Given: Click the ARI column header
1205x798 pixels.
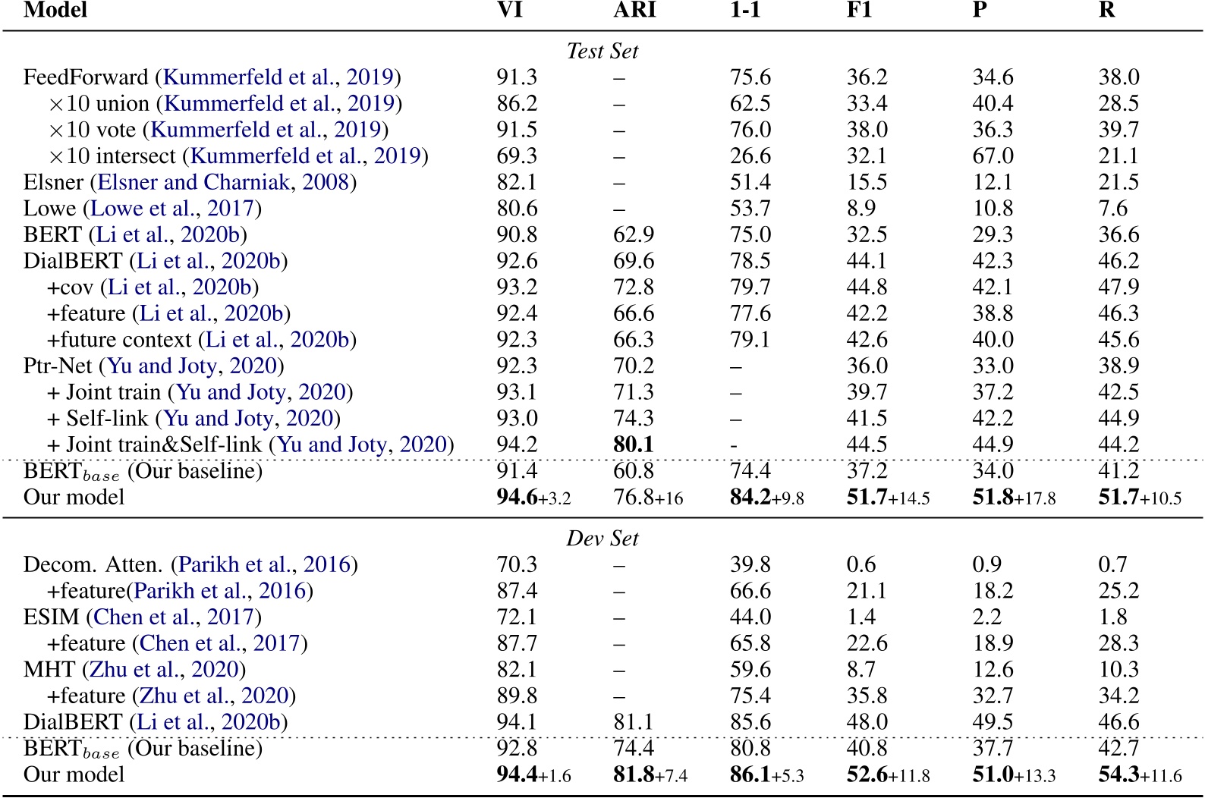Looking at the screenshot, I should tap(634, 10).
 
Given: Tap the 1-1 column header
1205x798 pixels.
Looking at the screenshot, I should tap(744, 10).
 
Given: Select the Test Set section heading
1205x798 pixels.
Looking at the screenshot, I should tap(602, 51).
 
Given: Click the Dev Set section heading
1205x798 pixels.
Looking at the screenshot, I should tap(602, 538).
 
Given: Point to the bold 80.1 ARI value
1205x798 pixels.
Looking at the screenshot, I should tap(634, 445).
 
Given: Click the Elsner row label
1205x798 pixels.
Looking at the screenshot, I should tap(53, 182).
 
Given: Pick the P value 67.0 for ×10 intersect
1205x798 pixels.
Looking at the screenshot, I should tap(993, 156).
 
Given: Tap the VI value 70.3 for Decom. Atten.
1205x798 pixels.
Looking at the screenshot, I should tap(516, 564).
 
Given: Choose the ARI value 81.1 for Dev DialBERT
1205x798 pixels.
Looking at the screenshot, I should tap(633, 722).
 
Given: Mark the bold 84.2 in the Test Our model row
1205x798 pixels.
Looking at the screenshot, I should tap(750, 498).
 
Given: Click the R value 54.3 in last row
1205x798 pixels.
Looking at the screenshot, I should tap(1118, 774).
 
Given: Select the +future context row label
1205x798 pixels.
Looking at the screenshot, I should tap(119, 340).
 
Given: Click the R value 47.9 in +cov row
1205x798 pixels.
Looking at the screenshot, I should tap(1118, 287).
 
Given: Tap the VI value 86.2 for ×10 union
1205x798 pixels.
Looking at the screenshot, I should tap(516, 104).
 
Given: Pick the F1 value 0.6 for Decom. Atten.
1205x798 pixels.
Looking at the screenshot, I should tap(860, 564).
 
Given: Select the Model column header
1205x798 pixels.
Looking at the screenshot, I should tap(55, 10).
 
